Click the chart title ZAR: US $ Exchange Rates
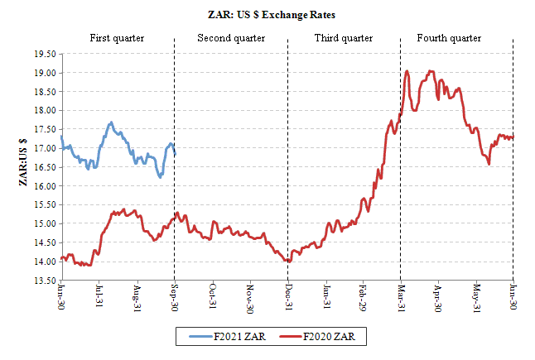click(267, 15)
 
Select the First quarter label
click(117, 38)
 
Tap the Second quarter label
click(231, 38)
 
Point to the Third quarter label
click(344, 38)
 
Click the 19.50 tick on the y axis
click(45, 54)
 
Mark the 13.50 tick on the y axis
click(45, 281)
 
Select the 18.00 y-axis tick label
click(45, 110)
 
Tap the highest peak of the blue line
click(111, 122)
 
